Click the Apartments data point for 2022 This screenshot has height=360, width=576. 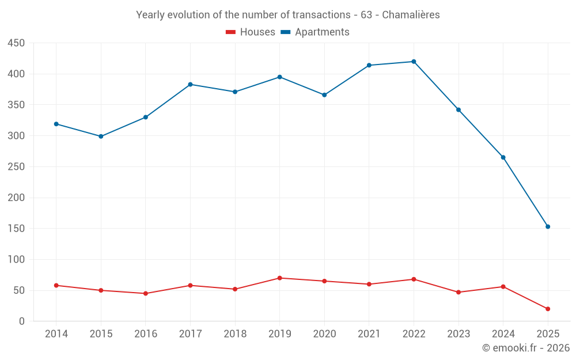414,62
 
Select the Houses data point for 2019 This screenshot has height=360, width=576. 279,278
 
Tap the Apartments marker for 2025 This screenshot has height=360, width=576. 548,226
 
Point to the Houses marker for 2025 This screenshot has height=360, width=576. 548,309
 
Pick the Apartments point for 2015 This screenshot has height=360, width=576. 101,137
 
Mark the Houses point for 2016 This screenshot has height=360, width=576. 146,293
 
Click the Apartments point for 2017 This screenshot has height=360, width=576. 190,85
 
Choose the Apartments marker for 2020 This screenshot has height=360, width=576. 324,95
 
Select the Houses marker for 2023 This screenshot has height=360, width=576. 458,292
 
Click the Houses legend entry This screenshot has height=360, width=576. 250,32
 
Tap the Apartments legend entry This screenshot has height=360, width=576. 315,32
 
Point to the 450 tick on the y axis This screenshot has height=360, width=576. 16,43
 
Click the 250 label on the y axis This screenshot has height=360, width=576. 16,167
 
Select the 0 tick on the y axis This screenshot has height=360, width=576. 22,321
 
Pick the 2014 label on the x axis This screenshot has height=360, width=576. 56,334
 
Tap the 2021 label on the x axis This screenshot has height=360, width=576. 369,334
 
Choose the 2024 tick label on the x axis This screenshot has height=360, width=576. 503,334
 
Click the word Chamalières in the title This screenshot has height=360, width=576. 411,15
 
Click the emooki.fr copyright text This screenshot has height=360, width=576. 525,348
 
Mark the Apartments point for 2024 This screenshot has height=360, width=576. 503,157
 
